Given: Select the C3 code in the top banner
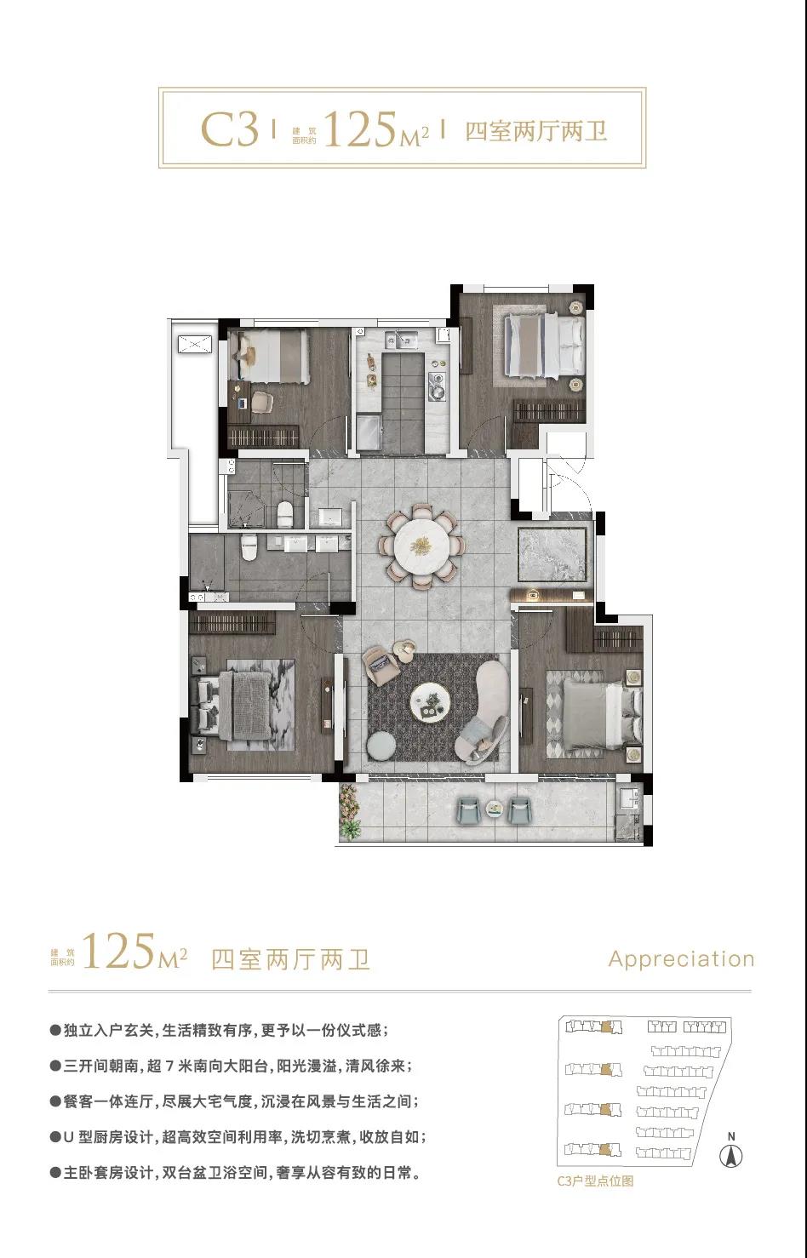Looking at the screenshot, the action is tap(230, 129).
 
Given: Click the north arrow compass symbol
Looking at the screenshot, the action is tap(730, 1155).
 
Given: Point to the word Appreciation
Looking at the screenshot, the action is tap(681, 958).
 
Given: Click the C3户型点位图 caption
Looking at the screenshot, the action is tap(595, 1181).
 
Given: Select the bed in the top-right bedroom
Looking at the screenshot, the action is tap(544, 344).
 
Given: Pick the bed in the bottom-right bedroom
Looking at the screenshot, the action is tap(601, 714).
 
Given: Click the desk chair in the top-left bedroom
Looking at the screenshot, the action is tap(261, 401).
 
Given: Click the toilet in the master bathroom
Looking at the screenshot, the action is tap(248, 547).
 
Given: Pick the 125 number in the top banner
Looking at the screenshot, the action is tap(359, 129).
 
